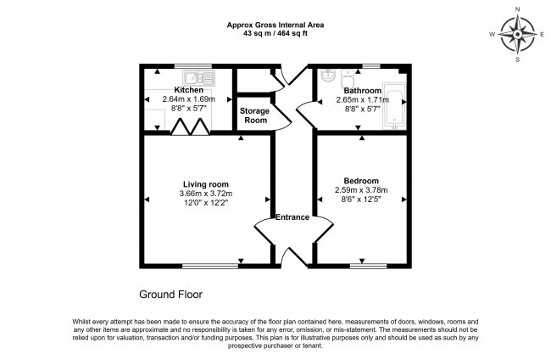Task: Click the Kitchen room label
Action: pyautogui.click(x=189, y=90)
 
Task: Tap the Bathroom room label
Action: pyautogui.click(x=362, y=91)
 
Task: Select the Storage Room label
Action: pyautogui.click(x=255, y=115)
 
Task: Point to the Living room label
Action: pyautogui.click(x=206, y=184)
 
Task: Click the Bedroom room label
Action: pyautogui.click(x=361, y=181)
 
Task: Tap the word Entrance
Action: pyautogui.click(x=292, y=217)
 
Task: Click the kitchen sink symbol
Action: pyautogui.click(x=198, y=78)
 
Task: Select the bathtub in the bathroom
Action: pyautogui.click(x=394, y=105)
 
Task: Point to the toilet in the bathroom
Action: pyautogui.click(x=348, y=78)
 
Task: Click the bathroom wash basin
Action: pyautogui.click(x=327, y=76)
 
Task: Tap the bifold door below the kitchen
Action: pyautogui.click(x=190, y=127)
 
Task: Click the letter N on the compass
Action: pyautogui.click(x=518, y=9)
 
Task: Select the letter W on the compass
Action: pyautogui.click(x=493, y=34)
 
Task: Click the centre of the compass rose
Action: pyautogui.click(x=518, y=35)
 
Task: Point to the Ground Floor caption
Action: pyautogui.click(x=170, y=295)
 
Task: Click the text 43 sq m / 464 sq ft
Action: pyautogui.click(x=275, y=34)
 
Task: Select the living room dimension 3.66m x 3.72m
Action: pyautogui.click(x=206, y=194)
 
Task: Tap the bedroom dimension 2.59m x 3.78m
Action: pyautogui.click(x=361, y=190)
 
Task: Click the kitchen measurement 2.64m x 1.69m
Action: pyautogui.click(x=189, y=99)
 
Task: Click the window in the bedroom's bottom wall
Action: pyautogui.click(x=368, y=266)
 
